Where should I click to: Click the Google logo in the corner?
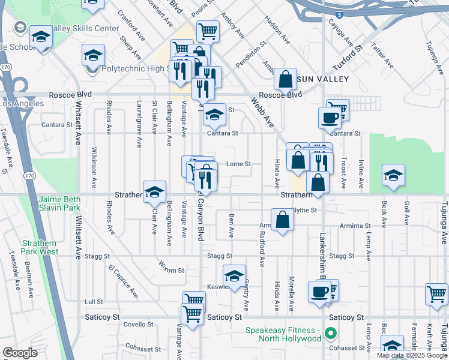click(x=20, y=353)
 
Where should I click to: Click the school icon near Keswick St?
click(x=234, y=277)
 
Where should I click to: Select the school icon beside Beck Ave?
click(x=393, y=175)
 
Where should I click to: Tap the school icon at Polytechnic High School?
click(x=93, y=56)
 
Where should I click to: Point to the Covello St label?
click(x=139, y=324)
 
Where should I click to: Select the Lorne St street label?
click(x=238, y=164)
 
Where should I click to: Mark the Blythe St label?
click(x=304, y=210)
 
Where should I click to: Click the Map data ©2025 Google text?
click(x=412, y=355)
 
